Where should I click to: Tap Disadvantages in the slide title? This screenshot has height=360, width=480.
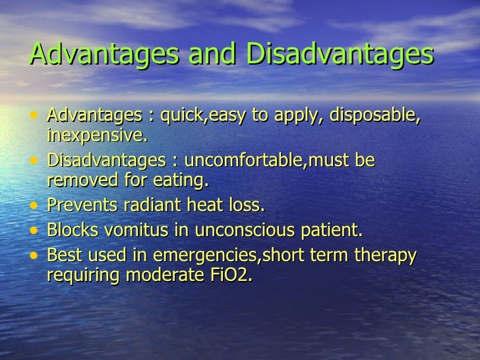[x=340, y=55]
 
